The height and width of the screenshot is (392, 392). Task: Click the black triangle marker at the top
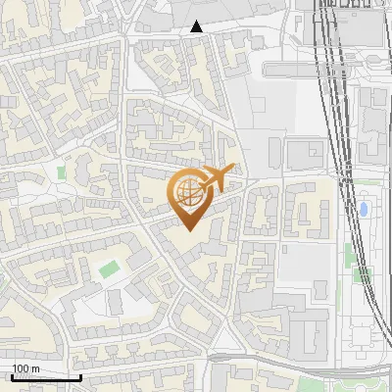197,26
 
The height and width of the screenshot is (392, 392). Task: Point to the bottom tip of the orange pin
188,230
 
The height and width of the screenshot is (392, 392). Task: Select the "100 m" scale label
25,369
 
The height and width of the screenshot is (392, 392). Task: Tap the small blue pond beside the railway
365,209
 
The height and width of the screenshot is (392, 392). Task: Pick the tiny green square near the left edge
62,172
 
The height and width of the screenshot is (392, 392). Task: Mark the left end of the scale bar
12,377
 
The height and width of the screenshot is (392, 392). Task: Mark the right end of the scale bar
80,377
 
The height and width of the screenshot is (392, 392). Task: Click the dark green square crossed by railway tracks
362,274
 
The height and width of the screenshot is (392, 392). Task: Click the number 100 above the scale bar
21,369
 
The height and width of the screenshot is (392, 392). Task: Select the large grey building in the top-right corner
353,24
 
